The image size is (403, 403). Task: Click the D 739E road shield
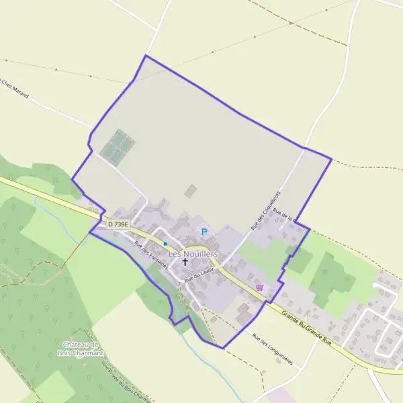coord(118,225)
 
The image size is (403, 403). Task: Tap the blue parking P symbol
coord(205,232)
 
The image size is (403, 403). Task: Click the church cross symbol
coord(185,263)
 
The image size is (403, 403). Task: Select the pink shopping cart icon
coord(260,287)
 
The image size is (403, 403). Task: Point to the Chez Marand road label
coord(14,89)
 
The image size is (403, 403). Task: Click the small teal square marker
coord(165,243)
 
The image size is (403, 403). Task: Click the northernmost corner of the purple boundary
coord(145,56)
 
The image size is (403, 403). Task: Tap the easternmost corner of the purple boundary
coord(332,159)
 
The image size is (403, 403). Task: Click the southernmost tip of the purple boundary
coord(222,348)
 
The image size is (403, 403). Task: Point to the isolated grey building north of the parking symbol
coord(191,191)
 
